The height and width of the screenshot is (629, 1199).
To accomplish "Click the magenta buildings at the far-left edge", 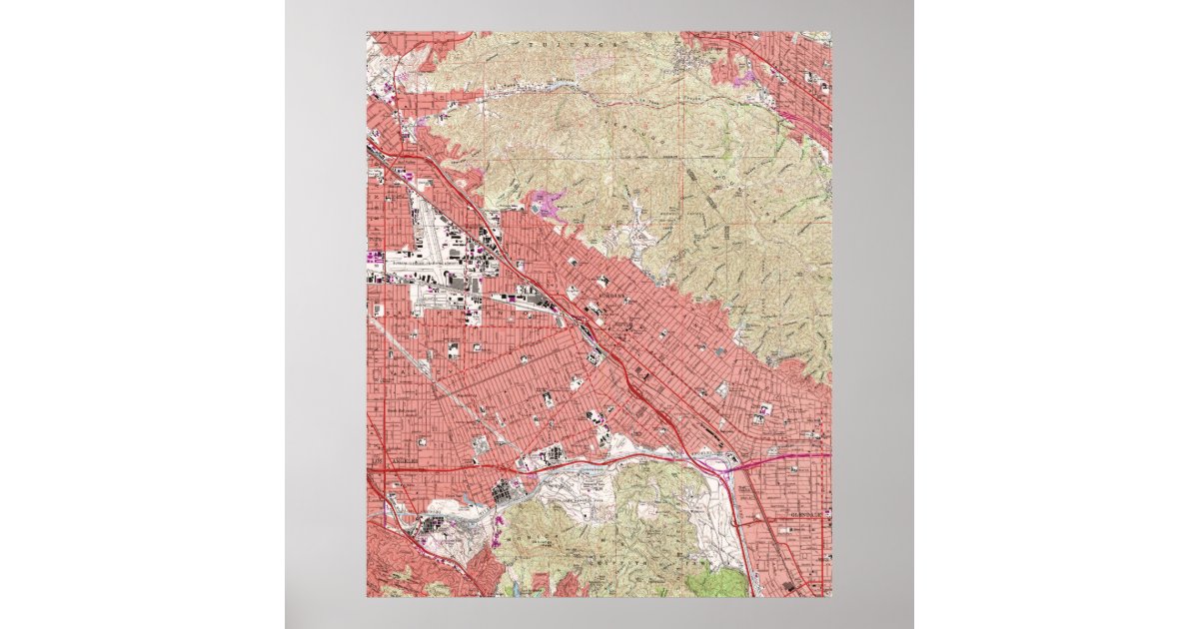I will click(376, 258).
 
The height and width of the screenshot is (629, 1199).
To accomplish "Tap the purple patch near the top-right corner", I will click(743, 75).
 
